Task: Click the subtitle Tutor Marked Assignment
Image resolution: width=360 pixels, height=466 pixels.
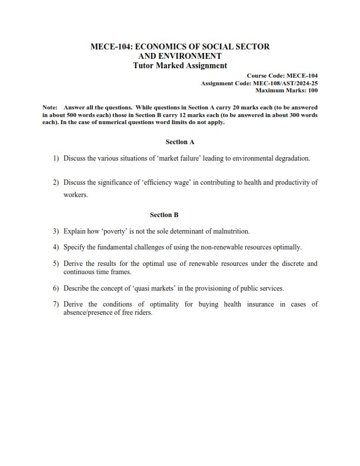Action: tap(180, 65)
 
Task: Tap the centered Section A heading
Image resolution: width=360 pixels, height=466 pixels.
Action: tap(180, 142)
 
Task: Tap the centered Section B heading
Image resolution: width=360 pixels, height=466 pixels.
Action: tap(180, 215)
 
